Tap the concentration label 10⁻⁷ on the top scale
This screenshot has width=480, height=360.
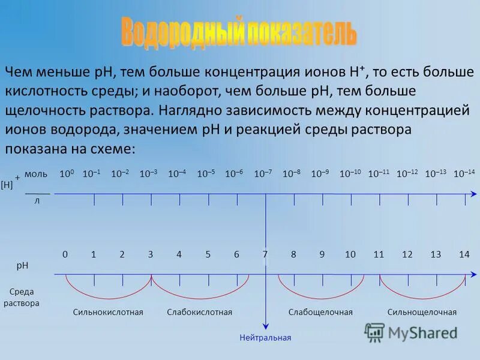point(263,174)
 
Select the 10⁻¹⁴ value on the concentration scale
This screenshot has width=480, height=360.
point(464,174)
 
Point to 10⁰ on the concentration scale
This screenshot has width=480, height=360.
point(66,174)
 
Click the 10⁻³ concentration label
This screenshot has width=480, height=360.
point(148,174)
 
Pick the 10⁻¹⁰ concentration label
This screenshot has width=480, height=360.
point(350,174)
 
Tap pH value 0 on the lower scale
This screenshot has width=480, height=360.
point(65,254)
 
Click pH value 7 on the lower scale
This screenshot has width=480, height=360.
point(265,254)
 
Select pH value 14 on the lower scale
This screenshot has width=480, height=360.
point(464,254)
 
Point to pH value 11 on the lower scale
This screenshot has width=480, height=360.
point(379,254)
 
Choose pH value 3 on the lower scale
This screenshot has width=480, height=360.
point(151,254)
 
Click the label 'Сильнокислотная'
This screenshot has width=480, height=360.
point(108,313)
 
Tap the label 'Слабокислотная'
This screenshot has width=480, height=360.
point(199,313)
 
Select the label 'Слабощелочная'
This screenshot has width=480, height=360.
point(320,313)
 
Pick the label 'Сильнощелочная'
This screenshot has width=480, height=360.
point(422,313)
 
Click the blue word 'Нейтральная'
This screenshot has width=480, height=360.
point(265,338)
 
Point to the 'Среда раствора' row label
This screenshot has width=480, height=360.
point(22,298)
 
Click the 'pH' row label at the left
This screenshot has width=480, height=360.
point(22,265)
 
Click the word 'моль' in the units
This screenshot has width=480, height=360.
point(36,174)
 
